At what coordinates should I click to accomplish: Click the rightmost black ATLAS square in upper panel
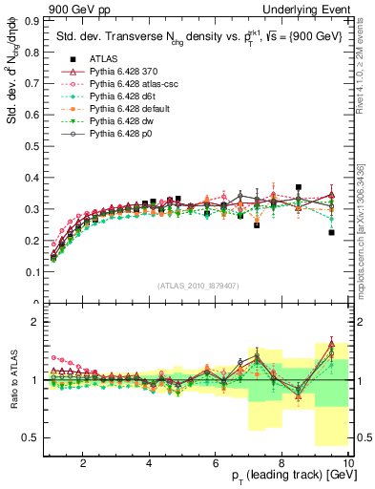click(331, 232)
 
